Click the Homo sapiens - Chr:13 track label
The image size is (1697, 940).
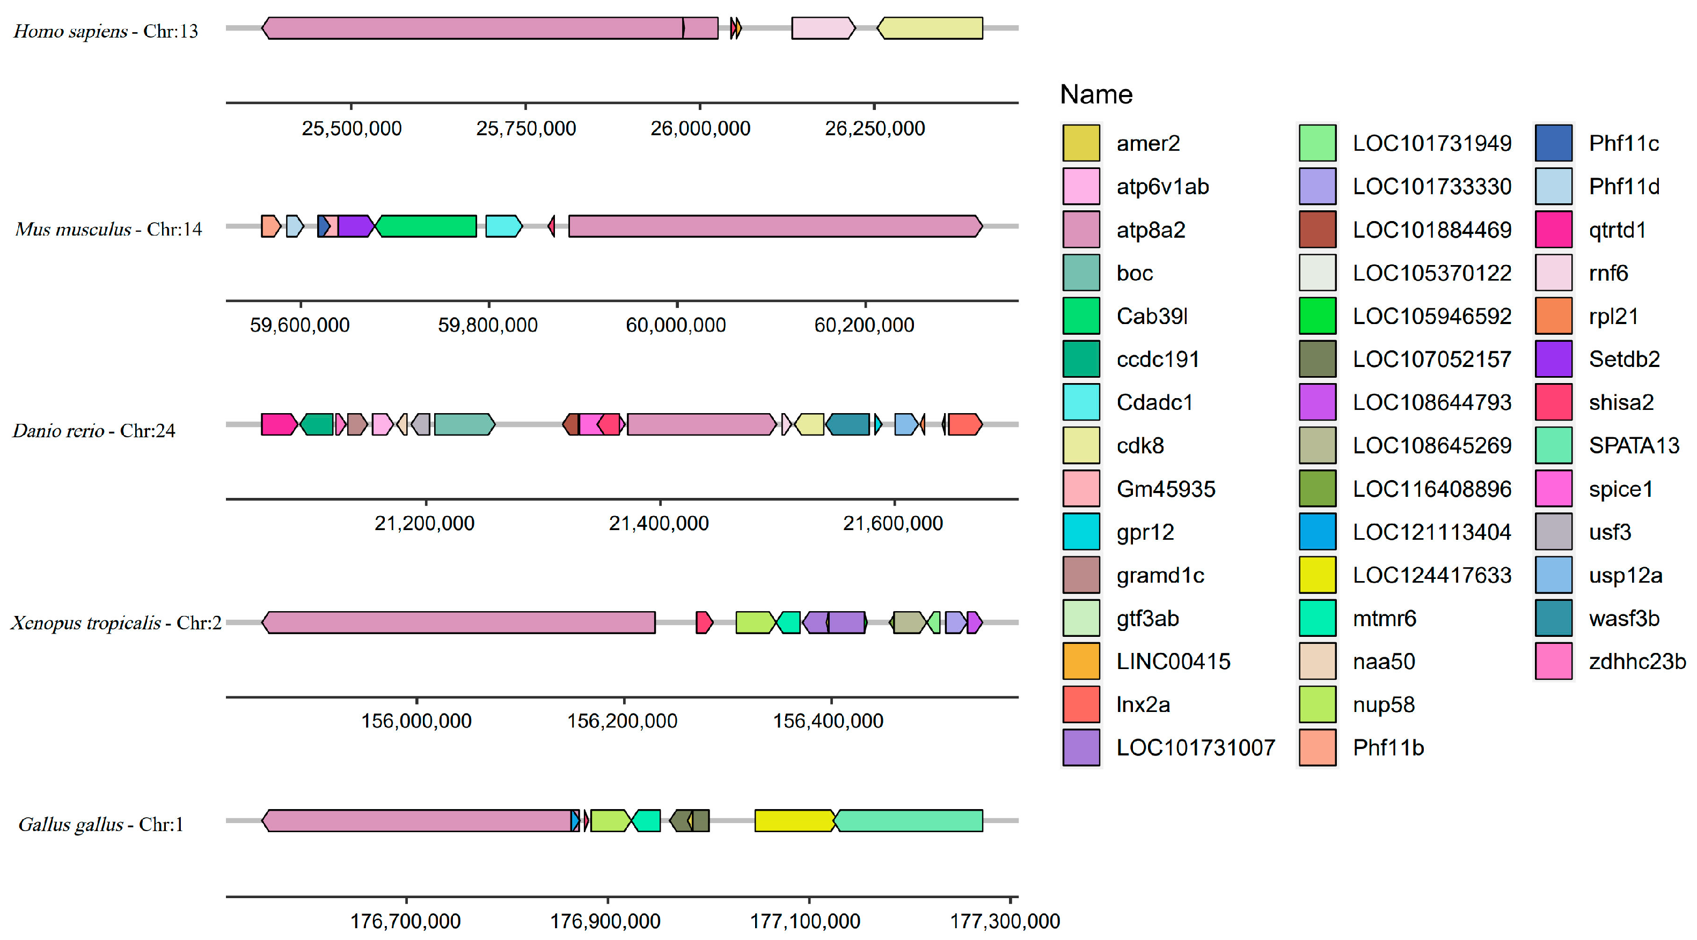click(105, 31)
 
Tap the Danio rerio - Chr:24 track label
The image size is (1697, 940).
click(93, 431)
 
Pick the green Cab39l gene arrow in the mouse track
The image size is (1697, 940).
click(426, 226)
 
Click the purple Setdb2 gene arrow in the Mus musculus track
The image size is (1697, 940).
click(354, 226)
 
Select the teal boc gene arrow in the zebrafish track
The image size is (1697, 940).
click(464, 424)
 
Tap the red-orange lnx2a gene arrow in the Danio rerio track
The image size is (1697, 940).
click(964, 424)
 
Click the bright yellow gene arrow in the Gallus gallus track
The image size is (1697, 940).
click(794, 821)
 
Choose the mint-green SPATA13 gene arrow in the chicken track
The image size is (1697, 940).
click(909, 821)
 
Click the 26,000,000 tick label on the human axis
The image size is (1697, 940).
click(700, 128)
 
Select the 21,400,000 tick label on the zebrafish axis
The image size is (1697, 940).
click(659, 523)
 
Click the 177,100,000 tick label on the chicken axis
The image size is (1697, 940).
click(805, 921)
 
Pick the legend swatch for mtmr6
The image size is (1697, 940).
click(1318, 618)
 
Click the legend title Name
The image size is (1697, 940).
click(1096, 95)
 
